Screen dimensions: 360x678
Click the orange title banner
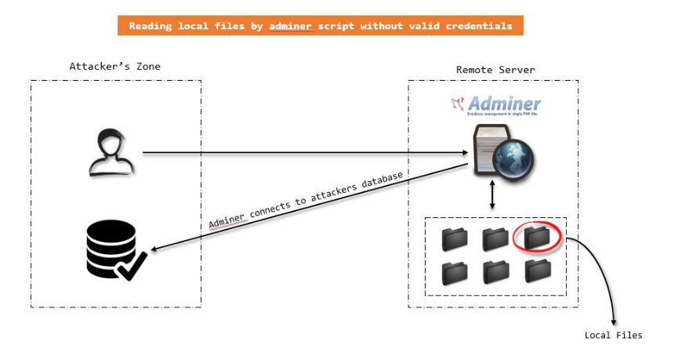(x=321, y=26)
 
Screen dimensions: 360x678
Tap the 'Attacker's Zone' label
(x=114, y=67)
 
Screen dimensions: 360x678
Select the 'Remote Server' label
(x=495, y=70)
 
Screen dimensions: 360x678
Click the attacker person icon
(x=111, y=152)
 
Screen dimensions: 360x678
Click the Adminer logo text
(x=504, y=104)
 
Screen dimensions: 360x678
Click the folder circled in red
(x=537, y=236)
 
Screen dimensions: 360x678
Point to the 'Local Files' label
(x=613, y=336)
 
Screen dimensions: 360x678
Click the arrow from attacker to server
(x=306, y=153)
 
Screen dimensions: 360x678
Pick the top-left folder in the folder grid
(x=454, y=238)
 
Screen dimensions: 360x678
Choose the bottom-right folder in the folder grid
(x=538, y=271)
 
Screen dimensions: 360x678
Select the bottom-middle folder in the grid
(x=495, y=271)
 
